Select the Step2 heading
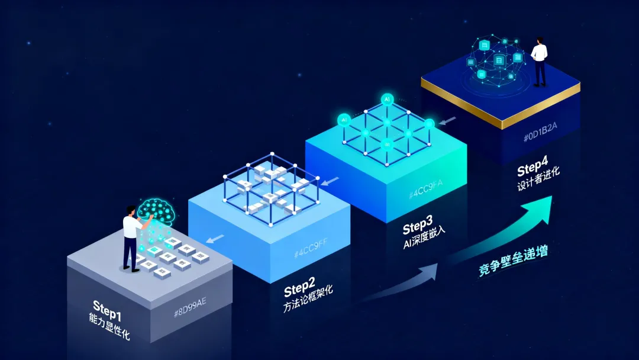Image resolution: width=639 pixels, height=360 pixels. point(300,290)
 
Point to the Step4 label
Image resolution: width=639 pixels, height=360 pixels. point(533,169)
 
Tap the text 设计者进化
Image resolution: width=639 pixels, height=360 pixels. point(538,182)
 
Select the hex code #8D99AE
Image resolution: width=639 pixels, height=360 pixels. point(190,312)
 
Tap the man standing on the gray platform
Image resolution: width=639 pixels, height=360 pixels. point(130,237)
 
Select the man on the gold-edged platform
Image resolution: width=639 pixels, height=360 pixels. point(539,61)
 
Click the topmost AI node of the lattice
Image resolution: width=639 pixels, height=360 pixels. point(388,99)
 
